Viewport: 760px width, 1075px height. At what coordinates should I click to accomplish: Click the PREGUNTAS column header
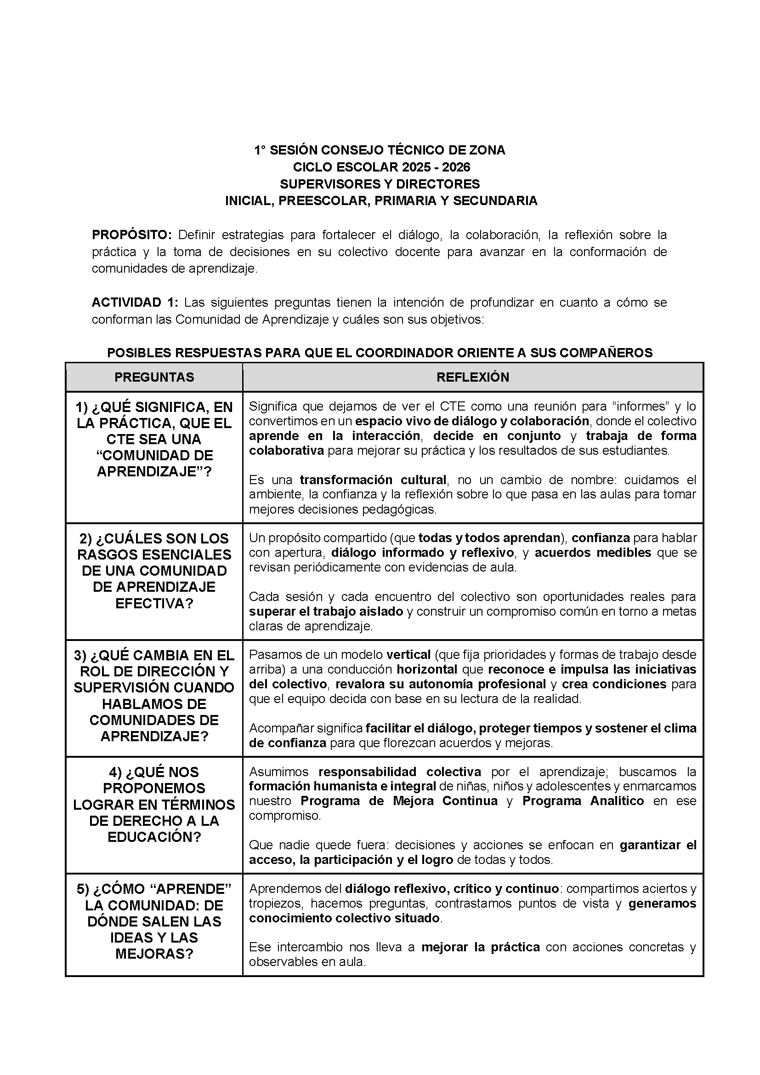[x=154, y=377]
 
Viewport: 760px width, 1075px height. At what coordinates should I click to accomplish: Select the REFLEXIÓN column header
[x=473, y=377]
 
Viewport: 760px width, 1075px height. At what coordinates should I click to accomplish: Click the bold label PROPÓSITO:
[x=132, y=234]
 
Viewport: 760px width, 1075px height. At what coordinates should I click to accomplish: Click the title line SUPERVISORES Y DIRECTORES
[x=380, y=184]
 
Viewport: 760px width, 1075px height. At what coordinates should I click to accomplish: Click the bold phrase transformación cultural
[x=373, y=480]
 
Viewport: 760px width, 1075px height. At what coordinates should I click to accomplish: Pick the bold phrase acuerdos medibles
[x=593, y=553]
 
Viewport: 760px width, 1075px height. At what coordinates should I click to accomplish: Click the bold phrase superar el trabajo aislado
[x=326, y=612]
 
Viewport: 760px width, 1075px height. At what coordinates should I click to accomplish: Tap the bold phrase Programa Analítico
[x=583, y=801]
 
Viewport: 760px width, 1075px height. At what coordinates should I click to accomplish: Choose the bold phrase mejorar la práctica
[x=481, y=947]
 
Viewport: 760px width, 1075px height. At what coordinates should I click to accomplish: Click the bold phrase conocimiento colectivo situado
[x=345, y=918]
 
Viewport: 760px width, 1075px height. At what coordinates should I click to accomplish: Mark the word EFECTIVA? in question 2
[x=154, y=603]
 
